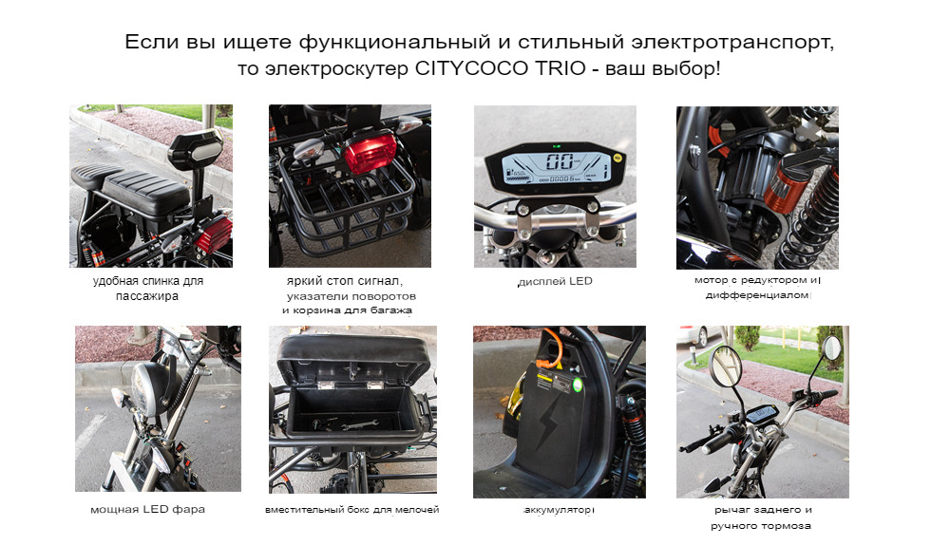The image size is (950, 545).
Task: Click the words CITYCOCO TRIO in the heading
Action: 501,67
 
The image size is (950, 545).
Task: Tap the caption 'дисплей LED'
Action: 555,281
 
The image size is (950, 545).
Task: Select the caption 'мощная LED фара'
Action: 147,509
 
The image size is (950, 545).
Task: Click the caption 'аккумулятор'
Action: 559,510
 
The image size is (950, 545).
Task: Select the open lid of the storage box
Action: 353,359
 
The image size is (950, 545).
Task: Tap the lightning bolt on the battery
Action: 548,423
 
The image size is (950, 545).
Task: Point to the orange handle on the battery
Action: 549,348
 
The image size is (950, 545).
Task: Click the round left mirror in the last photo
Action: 725,366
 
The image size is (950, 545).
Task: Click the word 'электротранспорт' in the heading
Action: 732,42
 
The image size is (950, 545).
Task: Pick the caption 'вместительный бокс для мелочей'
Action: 352,510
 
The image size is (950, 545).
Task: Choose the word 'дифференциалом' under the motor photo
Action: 757,295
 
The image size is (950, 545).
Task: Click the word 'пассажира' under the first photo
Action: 147,296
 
